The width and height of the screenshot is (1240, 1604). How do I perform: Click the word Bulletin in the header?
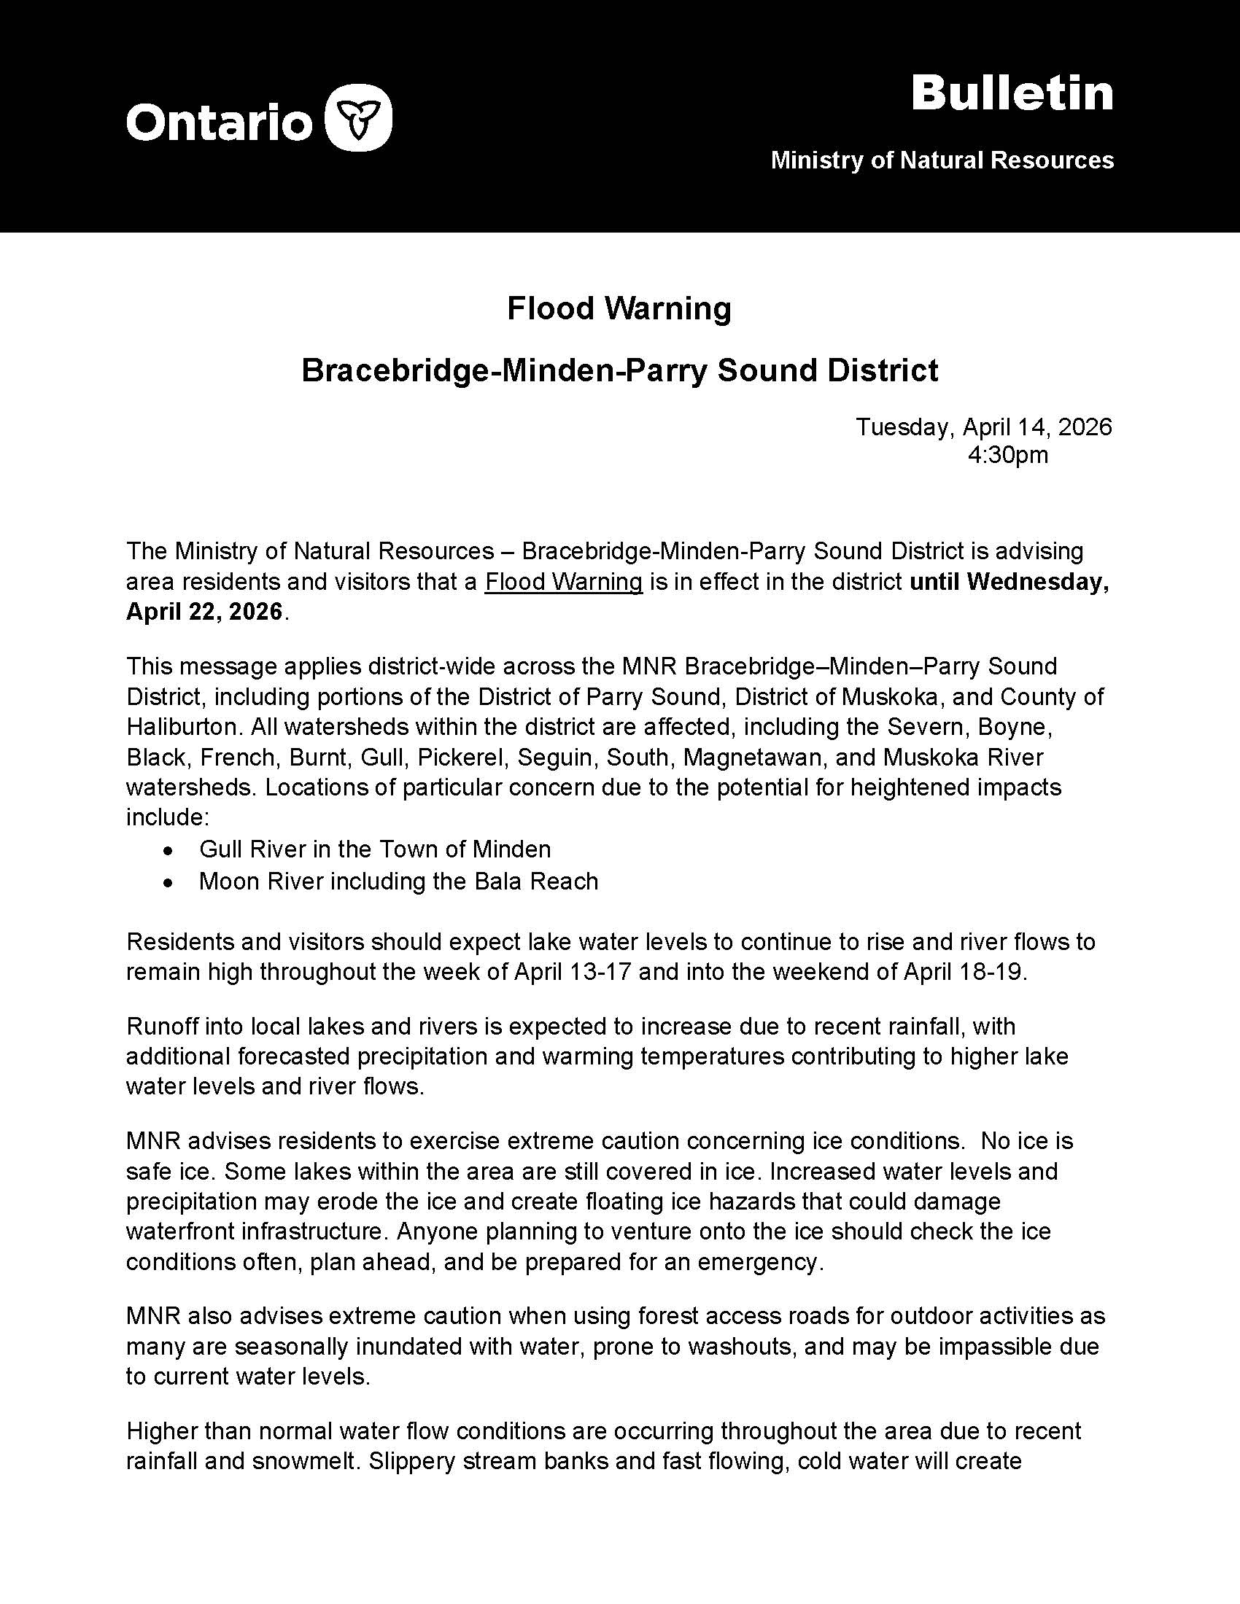[1012, 94]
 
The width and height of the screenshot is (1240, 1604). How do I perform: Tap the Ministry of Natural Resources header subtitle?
[942, 160]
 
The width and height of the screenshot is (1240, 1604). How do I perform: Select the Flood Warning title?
[619, 308]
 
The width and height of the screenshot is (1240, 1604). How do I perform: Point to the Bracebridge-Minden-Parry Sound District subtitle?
[619, 370]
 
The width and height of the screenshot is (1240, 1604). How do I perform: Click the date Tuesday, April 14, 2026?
[984, 427]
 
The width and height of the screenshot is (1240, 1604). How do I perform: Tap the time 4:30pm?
[1007, 456]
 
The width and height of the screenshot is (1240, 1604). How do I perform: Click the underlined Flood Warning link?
[563, 582]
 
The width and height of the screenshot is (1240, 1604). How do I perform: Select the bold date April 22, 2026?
[204, 612]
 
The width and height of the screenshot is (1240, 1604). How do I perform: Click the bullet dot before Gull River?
[169, 850]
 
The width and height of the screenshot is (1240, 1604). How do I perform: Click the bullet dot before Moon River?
[169, 882]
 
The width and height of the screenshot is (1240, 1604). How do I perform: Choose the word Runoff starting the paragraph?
[160, 1026]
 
